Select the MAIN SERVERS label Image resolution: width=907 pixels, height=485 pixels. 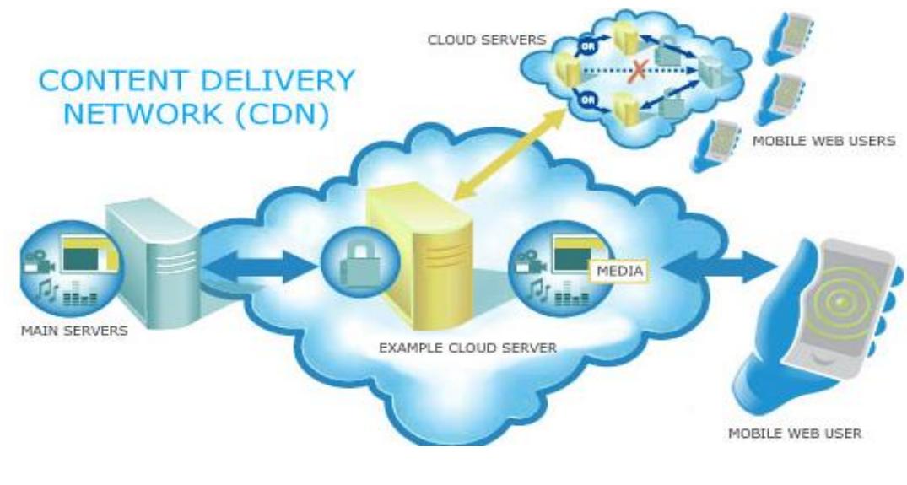click(75, 330)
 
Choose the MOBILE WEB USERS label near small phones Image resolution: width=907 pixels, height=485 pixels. click(824, 141)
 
